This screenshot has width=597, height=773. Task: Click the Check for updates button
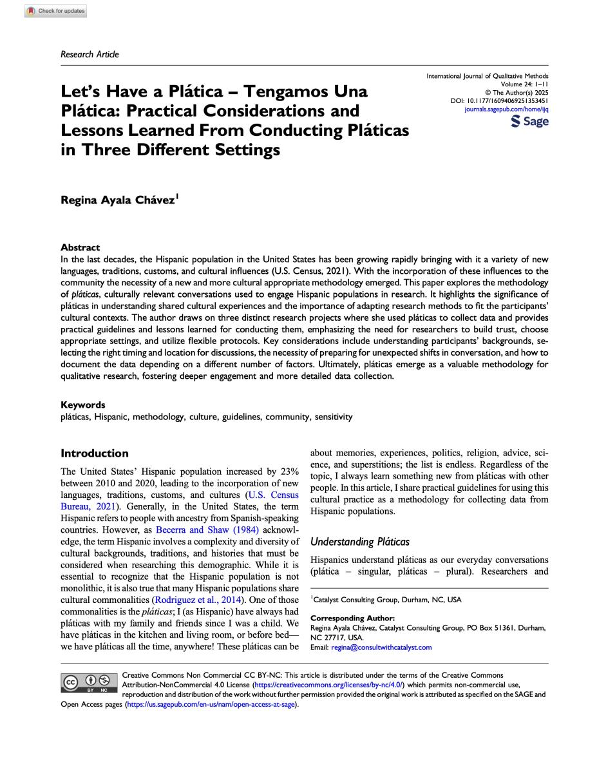click(x=55, y=11)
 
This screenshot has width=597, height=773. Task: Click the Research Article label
click(x=90, y=54)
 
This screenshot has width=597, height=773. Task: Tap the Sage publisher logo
click(x=529, y=122)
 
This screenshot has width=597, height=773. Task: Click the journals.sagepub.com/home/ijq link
click(x=506, y=110)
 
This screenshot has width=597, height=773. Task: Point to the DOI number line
click(x=499, y=101)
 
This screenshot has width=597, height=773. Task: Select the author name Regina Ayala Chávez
click(x=118, y=200)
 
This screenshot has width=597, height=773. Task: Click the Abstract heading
click(x=80, y=247)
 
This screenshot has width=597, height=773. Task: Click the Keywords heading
click(x=82, y=405)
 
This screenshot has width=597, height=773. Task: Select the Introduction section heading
click(x=94, y=453)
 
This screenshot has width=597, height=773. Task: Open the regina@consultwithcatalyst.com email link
click(x=381, y=647)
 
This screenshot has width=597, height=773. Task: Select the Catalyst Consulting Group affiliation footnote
click(x=386, y=600)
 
